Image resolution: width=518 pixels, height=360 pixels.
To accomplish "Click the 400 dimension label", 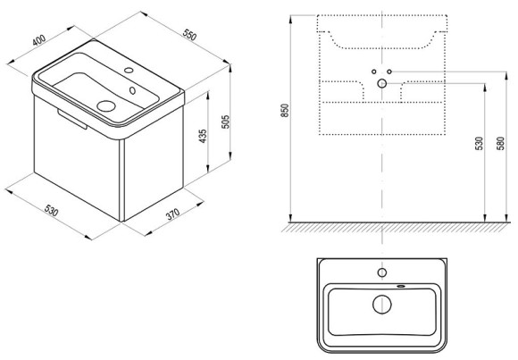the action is [39, 40].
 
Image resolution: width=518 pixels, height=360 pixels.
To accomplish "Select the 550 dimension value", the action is [189, 35].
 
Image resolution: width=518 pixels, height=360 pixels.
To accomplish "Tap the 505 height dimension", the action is [225, 122].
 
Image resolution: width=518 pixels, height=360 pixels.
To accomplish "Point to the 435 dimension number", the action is [203, 136].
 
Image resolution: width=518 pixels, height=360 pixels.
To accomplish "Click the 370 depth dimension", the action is [172, 213].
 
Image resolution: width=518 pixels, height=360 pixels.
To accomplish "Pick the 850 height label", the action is [285, 111].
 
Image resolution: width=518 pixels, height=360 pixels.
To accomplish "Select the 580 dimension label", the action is [501, 144].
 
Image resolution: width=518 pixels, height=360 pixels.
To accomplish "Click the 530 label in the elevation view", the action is [479, 144].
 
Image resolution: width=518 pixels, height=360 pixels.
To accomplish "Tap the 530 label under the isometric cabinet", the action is [51, 210].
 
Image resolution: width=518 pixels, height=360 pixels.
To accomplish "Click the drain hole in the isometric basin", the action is [106, 105].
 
